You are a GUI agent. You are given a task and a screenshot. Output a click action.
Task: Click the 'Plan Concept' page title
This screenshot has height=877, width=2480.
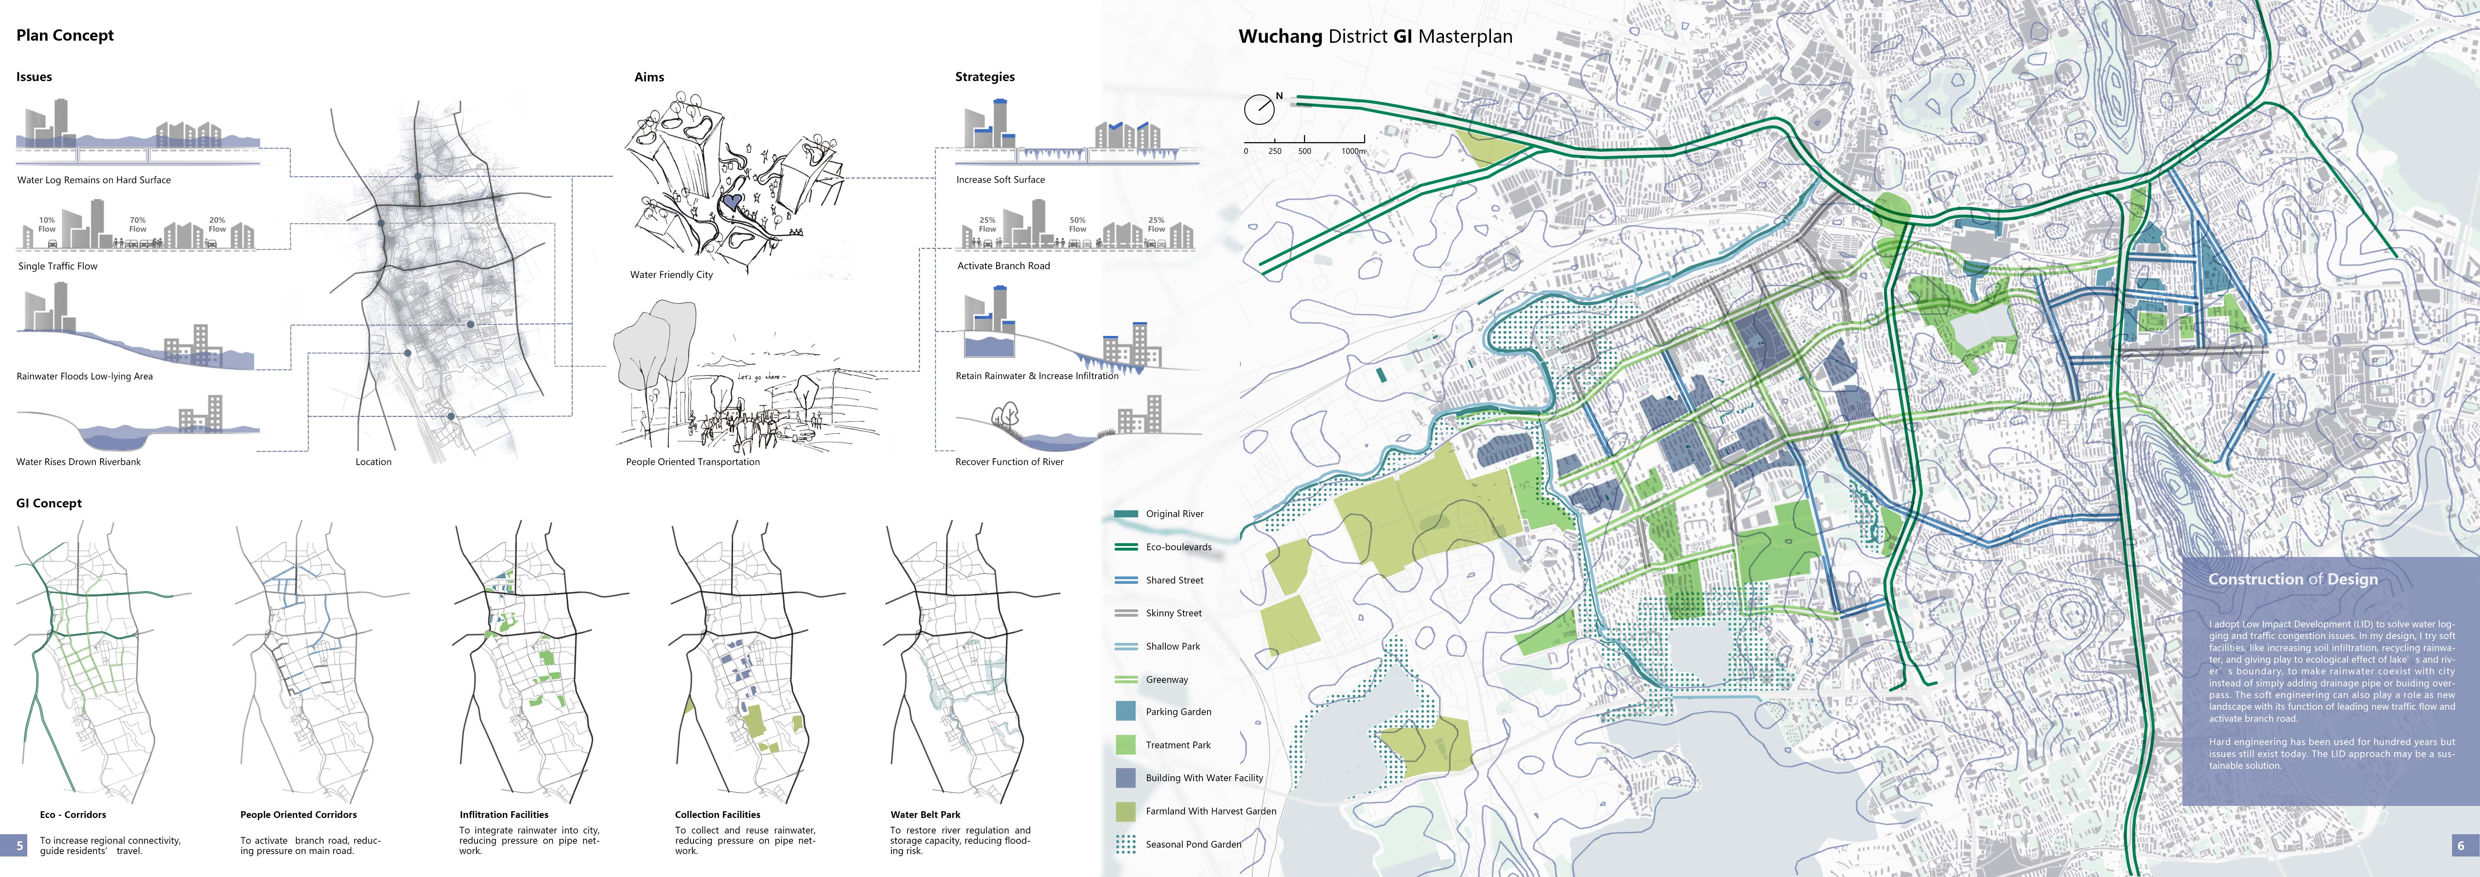[64, 36]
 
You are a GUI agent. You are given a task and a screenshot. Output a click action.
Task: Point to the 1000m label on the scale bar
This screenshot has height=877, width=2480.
[1353, 151]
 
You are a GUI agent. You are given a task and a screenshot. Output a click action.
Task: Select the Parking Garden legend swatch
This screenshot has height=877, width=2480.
[1125, 712]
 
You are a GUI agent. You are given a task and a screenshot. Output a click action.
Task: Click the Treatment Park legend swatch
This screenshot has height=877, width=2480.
[1125, 744]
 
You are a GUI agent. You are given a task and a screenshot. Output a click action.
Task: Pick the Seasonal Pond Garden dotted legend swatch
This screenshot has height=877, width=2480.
[1125, 844]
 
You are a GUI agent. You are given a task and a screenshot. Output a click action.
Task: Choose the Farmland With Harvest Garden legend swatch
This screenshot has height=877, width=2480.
[1125, 811]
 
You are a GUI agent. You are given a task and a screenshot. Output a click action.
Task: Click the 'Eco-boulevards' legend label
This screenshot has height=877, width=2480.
[1178, 547]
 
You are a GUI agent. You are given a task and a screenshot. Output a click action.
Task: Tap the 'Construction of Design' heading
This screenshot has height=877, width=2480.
[2292, 580]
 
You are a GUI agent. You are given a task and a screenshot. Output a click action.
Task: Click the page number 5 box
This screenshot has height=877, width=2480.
[19, 845]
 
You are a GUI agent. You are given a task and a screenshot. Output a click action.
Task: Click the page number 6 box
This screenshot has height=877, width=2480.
[2461, 845]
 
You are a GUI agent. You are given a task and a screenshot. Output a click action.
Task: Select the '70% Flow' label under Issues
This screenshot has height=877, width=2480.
[138, 224]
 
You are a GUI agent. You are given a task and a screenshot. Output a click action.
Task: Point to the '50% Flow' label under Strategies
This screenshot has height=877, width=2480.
[1077, 224]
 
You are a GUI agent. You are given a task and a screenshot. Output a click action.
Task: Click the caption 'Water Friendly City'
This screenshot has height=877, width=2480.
[671, 274]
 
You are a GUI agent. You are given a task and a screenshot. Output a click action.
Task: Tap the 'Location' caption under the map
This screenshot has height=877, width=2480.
[374, 462]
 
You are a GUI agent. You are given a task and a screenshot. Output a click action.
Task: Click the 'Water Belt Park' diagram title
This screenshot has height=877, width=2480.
[925, 814]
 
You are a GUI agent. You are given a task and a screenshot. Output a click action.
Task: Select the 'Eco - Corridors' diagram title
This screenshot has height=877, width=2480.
[73, 814]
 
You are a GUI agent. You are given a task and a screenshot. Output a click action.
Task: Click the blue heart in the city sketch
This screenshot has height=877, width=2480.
[732, 202]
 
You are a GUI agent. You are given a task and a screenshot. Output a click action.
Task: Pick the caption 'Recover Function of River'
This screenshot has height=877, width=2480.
[1009, 462]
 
